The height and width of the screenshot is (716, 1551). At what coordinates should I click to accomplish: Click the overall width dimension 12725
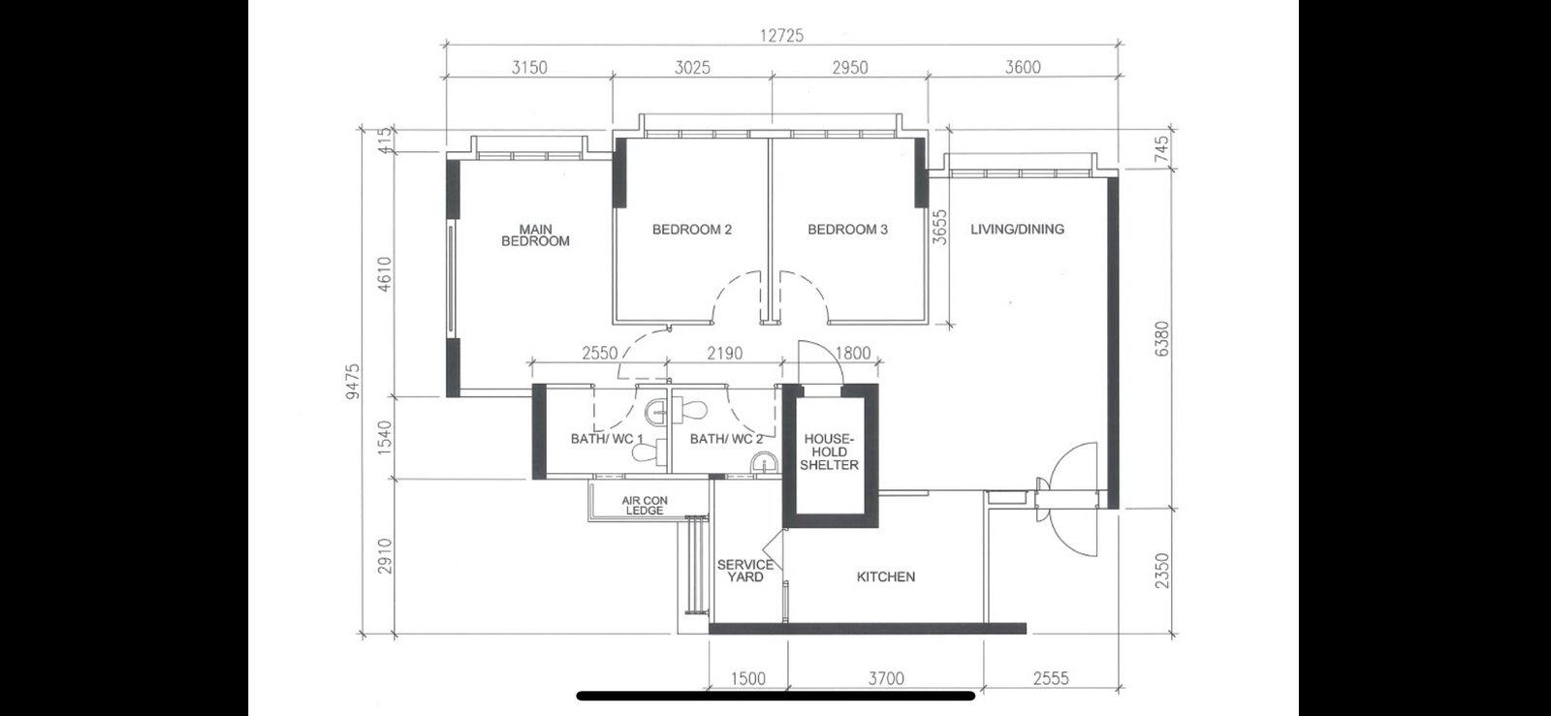click(782, 35)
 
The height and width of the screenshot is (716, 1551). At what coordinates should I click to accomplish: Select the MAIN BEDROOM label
click(536, 235)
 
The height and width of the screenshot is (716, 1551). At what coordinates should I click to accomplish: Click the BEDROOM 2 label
click(692, 229)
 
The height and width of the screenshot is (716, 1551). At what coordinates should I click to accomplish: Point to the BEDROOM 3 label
click(847, 229)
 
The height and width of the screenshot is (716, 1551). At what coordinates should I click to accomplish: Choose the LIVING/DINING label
click(1017, 229)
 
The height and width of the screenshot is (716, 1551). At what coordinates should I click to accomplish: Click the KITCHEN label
click(886, 576)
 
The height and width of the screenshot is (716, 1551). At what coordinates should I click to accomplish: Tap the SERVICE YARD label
click(745, 571)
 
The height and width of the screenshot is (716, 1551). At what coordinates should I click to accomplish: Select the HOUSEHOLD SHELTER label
click(830, 451)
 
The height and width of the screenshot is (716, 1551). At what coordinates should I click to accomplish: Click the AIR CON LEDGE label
click(645, 506)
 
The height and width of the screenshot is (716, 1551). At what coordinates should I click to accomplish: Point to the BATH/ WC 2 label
click(726, 439)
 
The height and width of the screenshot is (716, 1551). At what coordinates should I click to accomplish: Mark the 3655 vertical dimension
click(939, 228)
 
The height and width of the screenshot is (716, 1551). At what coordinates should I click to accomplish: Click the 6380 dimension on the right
click(1162, 338)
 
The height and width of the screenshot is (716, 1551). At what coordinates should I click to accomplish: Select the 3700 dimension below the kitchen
click(886, 678)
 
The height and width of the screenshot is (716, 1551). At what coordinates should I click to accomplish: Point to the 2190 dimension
click(724, 354)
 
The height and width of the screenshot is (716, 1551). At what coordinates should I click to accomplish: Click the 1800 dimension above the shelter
click(853, 354)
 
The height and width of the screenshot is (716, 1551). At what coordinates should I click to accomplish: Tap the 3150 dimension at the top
click(529, 67)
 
